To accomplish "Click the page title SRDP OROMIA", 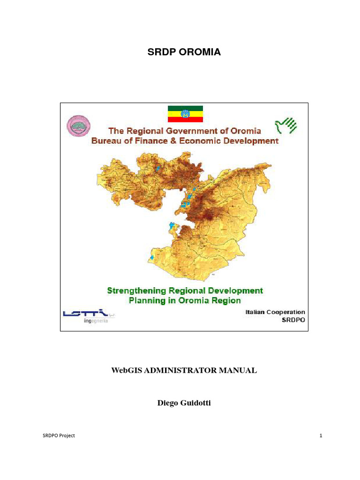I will click(184, 52).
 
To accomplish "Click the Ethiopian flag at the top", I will click(185, 114).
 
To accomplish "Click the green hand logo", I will click(286, 125).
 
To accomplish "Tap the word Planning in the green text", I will click(146, 300).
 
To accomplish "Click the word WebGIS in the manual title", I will click(126, 370).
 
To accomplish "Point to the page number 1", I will click(321, 435).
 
